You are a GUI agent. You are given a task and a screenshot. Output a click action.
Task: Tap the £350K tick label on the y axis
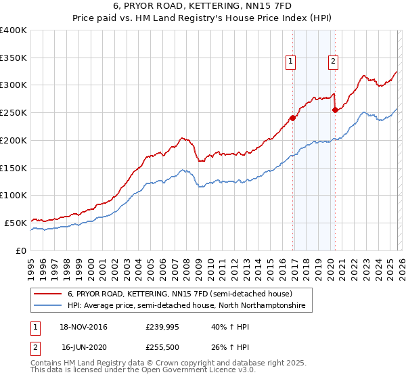click(x=13, y=58)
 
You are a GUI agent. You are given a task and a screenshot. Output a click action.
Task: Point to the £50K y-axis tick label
click(x=16, y=223)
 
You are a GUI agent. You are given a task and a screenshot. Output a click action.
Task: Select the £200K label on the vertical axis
click(x=13, y=140)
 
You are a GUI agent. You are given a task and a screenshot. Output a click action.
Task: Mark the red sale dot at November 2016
click(x=292, y=118)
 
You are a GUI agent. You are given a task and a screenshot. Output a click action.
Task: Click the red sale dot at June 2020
click(x=335, y=110)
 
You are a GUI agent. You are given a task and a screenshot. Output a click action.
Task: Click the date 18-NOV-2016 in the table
click(x=85, y=327)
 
